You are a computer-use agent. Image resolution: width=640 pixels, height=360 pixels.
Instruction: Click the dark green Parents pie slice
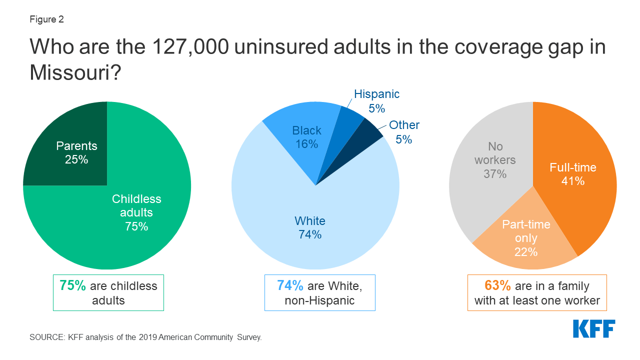point(75,150)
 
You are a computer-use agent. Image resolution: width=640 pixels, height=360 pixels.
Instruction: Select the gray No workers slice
point(490,165)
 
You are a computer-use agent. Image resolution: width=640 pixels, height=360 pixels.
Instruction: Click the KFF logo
point(593,328)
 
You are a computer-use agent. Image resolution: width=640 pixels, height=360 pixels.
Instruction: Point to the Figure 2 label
point(46,20)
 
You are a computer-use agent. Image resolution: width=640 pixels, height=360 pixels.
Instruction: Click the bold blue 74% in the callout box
point(290,285)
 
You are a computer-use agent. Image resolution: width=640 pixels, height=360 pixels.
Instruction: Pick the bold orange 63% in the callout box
point(497,285)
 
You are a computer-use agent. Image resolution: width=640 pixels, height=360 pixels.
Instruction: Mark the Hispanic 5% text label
point(376,101)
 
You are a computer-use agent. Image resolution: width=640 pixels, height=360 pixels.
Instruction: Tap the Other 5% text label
point(404,132)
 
